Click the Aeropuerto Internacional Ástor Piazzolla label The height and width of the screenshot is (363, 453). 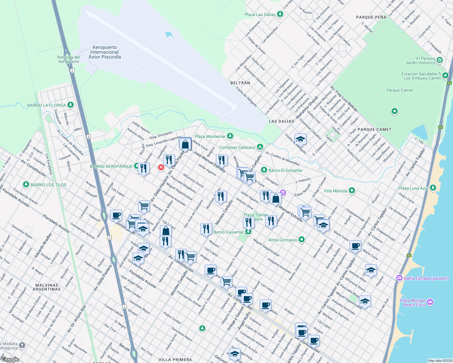tap(104, 52)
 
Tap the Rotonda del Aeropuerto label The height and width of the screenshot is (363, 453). tap(69, 59)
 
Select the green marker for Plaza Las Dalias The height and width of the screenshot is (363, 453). tap(280, 14)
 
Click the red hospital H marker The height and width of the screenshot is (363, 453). tap(161, 167)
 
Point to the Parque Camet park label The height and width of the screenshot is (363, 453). tap(400, 90)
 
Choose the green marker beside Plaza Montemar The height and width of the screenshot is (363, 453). tap(230, 136)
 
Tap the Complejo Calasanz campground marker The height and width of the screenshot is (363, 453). tap(260, 147)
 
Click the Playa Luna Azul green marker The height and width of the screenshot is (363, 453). tap(433, 188)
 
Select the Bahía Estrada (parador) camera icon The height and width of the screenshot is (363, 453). tap(399, 278)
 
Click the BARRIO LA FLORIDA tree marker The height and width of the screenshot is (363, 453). tap(71, 105)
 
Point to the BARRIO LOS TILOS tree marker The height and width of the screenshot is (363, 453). tap(26, 185)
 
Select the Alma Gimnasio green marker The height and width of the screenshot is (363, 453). tap(301, 240)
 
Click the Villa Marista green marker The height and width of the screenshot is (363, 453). tap(352, 191)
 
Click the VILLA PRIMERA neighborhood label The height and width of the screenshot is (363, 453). tap(175, 360)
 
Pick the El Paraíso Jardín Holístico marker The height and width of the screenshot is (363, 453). tap(440, 60)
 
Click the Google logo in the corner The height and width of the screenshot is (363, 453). tap(10, 359)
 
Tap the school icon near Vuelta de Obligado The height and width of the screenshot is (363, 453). tap(300, 139)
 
